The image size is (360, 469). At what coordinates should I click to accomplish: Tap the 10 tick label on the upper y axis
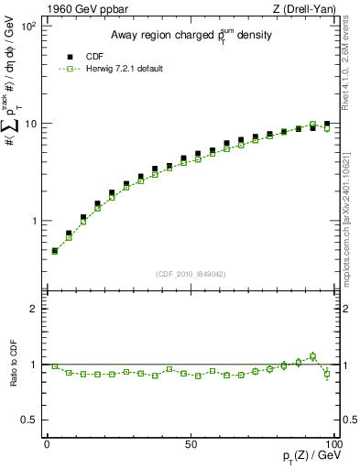[30, 124]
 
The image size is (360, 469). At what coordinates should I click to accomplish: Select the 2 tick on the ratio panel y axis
[33, 309]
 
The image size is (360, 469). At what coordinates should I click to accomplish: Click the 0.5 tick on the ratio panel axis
[29, 420]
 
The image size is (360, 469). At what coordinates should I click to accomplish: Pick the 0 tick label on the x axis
[47, 444]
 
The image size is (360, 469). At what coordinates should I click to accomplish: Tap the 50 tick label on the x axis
[191, 444]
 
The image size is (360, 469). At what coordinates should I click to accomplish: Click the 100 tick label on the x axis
[333, 444]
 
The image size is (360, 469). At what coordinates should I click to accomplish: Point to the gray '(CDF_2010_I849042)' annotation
[191, 272]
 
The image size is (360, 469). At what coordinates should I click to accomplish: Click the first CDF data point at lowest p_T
[54, 250]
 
